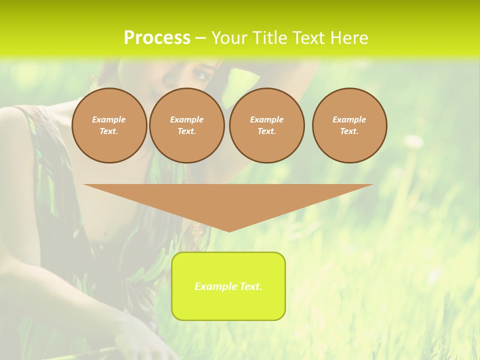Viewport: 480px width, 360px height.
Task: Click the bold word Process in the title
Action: pyautogui.click(x=157, y=38)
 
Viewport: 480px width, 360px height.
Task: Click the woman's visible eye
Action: pyautogui.click(x=200, y=74)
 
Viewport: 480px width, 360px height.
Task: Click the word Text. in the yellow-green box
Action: pyautogui.click(x=250, y=286)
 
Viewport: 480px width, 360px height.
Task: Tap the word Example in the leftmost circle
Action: pyautogui.click(x=109, y=119)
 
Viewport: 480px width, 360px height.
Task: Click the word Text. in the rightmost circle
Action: pyautogui.click(x=349, y=131)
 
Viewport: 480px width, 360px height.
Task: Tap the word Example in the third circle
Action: pyautogui.click(x=266, y=119)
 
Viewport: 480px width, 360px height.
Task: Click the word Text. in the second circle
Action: pyautogui.click(x=186, y=131)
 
